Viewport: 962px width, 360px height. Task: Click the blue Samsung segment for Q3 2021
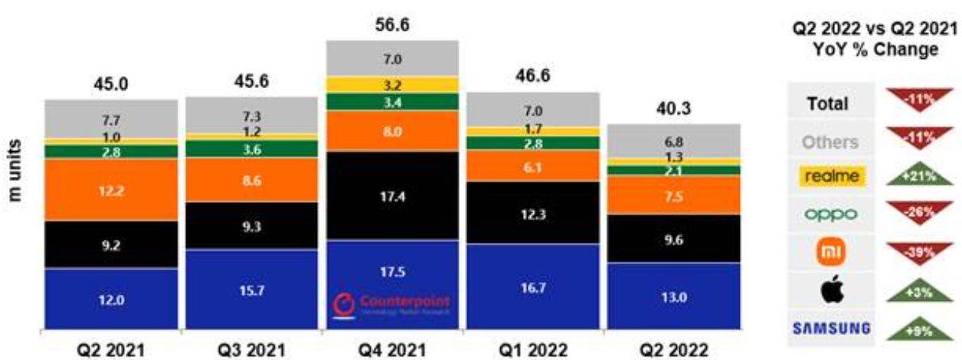coord(252,290)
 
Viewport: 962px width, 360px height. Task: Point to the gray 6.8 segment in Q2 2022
coord(674,141)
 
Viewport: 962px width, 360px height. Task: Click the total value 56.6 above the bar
coord(392,25)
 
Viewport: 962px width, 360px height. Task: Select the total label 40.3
coord(674,110)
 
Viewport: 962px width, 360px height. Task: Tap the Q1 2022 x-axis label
coord(533,349)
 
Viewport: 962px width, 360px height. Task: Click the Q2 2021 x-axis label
coord(111,349)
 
